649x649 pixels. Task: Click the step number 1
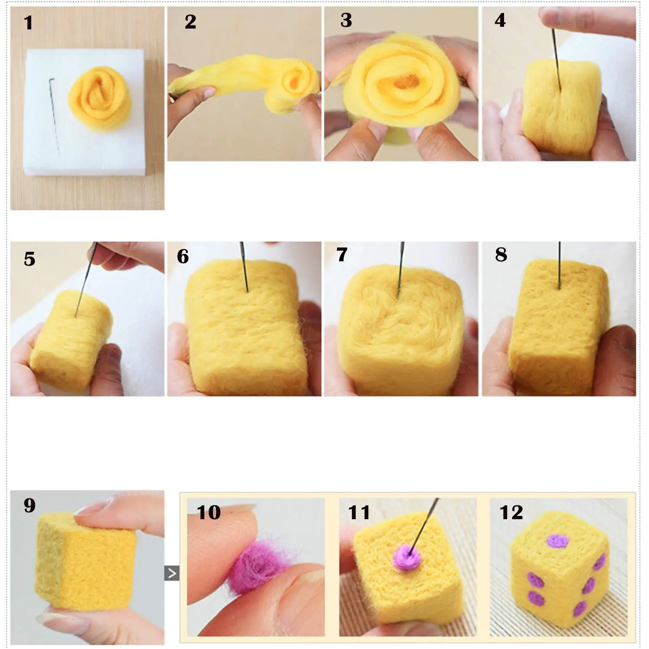pos(29,23)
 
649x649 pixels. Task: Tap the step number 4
pos(500,20)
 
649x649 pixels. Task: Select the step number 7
pos(342,254)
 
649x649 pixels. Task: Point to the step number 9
pos(29,505)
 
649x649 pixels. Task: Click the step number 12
pos(511,512)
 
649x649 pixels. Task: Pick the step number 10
pos(209,512)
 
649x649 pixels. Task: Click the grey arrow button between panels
pos(172,573)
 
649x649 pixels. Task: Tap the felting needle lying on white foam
pos(54,116)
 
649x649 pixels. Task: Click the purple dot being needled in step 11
pos(408,557)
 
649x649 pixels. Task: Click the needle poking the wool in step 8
pos(559,265)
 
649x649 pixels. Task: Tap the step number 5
pos(29,259)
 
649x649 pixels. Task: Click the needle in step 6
pos(244,266)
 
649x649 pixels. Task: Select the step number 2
pos(190,22)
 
